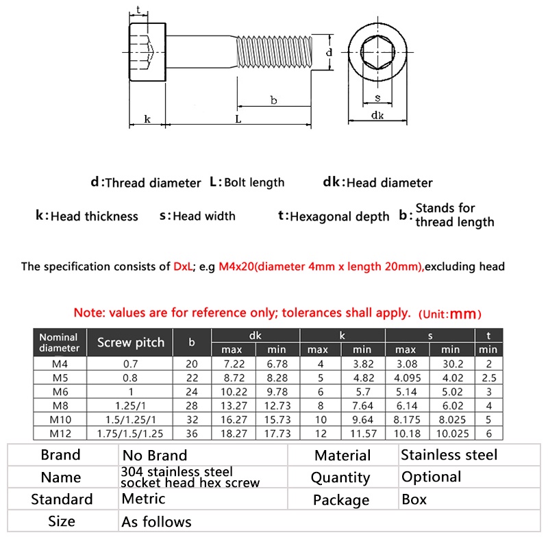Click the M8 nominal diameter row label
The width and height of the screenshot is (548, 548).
58,406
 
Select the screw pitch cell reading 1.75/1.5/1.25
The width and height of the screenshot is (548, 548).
130,434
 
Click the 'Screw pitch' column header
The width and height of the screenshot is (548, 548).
130,342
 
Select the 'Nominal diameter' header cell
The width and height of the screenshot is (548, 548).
59,342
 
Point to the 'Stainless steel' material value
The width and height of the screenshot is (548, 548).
449,455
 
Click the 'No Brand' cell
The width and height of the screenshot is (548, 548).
154,456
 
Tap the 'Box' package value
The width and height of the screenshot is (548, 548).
414,499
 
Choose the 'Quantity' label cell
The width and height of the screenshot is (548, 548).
340,477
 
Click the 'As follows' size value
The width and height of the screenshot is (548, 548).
156,522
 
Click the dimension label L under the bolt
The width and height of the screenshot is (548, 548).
238,119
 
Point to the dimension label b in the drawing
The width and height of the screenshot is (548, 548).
273,101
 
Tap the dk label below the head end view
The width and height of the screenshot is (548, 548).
377,116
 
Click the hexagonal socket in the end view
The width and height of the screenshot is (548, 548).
377,53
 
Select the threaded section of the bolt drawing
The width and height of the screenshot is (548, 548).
278,53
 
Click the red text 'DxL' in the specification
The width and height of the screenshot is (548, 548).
184,266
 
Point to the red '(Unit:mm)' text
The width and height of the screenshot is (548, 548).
449,314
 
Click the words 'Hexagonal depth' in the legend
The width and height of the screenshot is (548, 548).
340,216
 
